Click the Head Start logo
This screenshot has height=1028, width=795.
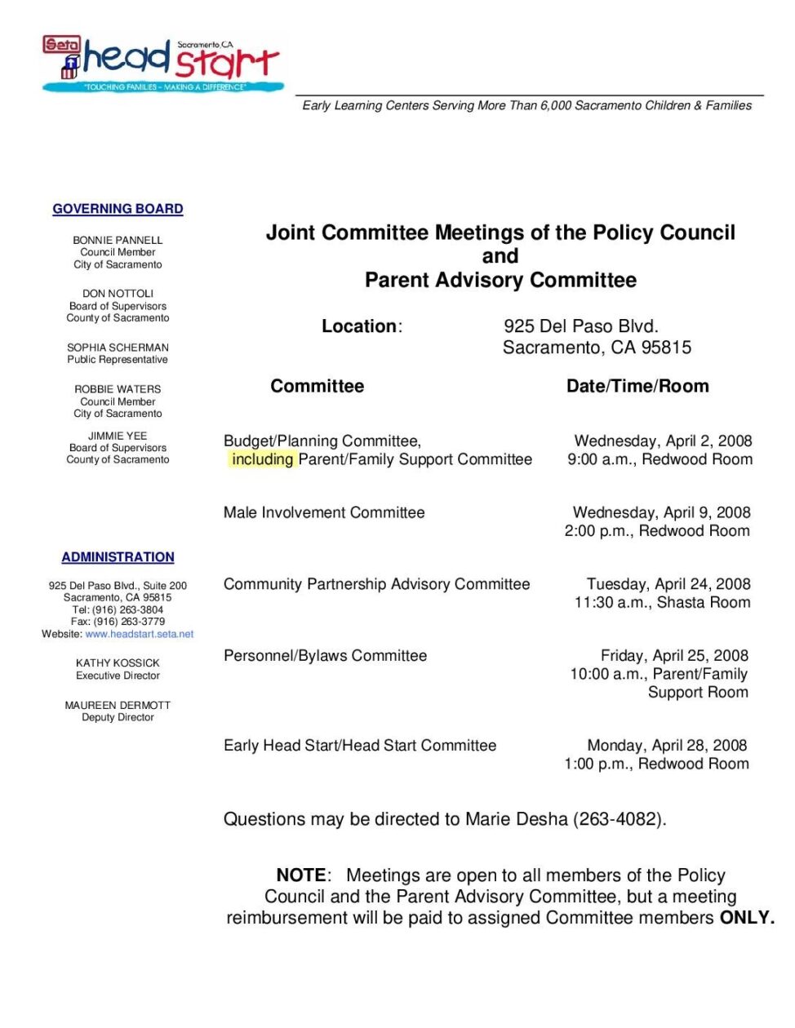[162, 64]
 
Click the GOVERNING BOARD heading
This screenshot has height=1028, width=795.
[118, 209]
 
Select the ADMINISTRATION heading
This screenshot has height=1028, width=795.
[118, 557]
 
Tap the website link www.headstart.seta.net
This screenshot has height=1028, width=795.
[140, 634]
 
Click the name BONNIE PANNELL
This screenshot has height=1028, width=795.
[118, 240]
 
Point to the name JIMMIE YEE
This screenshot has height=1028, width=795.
[118, 436]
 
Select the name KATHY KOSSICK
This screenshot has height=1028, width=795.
[118, 663]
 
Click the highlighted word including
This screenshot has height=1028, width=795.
[262, 459]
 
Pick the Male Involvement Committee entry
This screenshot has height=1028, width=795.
[324, 512]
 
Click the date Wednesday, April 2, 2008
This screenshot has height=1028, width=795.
[663, 441]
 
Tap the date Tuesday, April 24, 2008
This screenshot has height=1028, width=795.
[668, 584]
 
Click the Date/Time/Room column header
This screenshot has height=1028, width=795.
[637, 386]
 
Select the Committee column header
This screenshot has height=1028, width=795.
[318, 386]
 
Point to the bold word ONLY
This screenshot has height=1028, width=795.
[746, 917]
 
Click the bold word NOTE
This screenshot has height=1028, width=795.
[301, 875]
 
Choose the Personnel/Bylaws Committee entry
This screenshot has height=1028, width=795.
[325, 655]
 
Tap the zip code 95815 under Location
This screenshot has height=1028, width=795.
[666, 348]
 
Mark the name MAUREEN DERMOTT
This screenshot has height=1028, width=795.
[118, 705]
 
